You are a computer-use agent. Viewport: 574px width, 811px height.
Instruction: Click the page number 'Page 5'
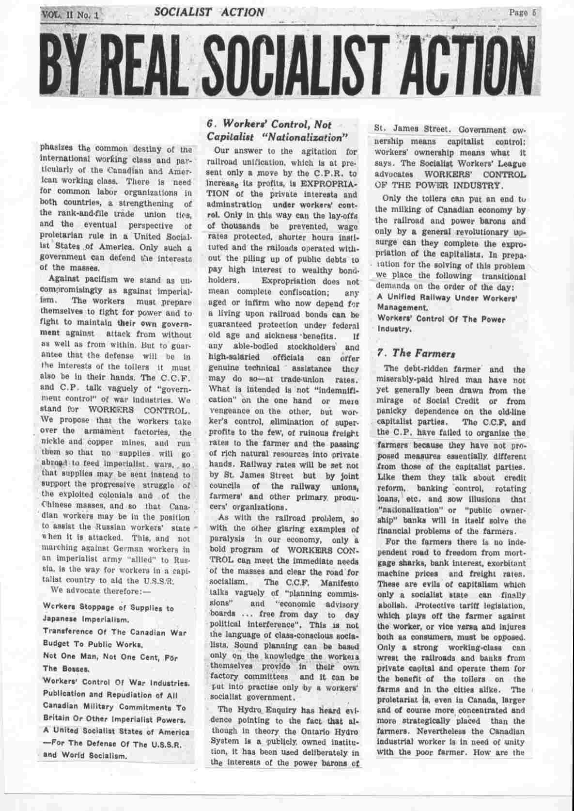522,14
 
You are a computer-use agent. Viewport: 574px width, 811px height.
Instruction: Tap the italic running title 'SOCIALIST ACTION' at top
209,12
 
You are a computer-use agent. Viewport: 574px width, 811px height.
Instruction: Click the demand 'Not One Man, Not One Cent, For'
110,658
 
